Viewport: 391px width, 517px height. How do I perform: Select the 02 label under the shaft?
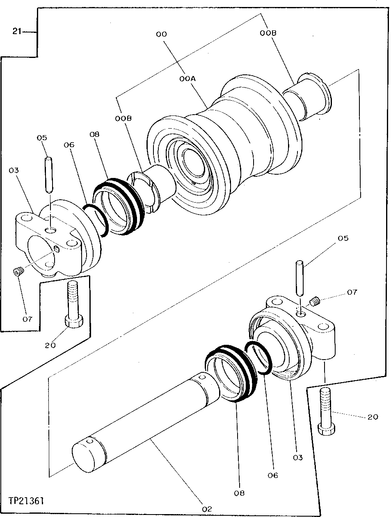pos(208,509)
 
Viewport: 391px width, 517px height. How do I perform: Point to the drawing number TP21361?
pos(26,501)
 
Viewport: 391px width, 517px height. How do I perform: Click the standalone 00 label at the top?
pos(161,35)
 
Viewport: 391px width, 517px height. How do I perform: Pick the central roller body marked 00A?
pos(234,132)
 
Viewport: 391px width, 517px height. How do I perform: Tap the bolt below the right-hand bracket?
pos(329,411)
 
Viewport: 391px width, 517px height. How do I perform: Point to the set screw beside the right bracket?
pos(315,302)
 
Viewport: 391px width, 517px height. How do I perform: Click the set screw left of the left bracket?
pos(18,272)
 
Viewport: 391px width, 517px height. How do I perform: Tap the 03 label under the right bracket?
pos(297,457)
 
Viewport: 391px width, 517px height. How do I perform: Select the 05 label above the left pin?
pos(42,138)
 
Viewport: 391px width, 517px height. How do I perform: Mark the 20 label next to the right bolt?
pos(373,417)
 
